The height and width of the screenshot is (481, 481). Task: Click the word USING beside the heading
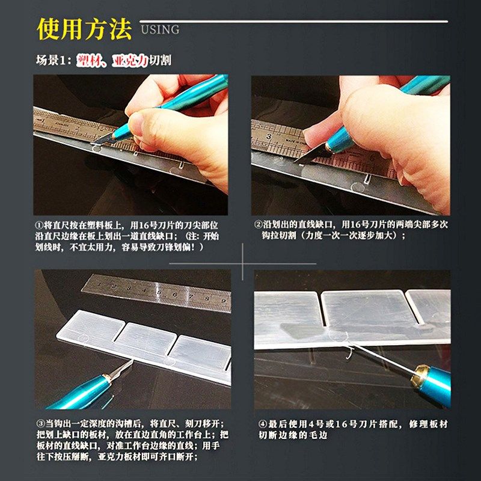pos(160,29)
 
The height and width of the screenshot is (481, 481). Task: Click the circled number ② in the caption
pos(259,224)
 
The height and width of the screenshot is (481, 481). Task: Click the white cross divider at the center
pos(242,263)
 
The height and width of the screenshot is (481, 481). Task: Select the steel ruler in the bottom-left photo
pos(156,292)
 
